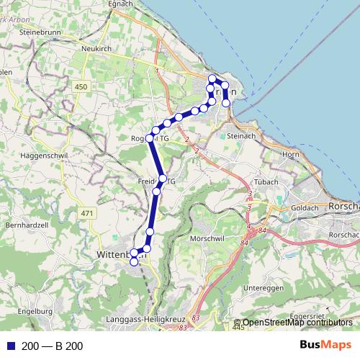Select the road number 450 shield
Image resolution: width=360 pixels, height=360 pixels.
tap(81, 86)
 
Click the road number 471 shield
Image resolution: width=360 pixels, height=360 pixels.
tap(88, 213)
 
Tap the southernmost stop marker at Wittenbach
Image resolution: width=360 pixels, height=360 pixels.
tap(133, 262)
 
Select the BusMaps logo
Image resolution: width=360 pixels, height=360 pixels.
tap(325, 346)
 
